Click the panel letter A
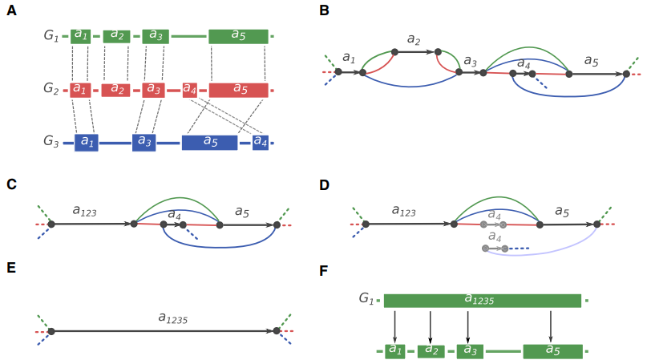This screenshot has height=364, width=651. coord(11,11)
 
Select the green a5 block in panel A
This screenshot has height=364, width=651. coord(238,36)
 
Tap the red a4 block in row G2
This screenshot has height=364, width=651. coord(189,89)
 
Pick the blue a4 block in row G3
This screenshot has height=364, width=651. coord(261,143)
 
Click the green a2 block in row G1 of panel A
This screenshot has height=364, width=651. coord(116,36)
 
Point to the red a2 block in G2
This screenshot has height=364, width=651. coord(115,89)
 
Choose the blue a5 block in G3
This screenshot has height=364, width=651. coord(209,143)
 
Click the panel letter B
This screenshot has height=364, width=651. coord(324,11)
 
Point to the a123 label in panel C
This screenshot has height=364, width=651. coord(84,211)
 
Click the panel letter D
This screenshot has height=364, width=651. coord(324,184)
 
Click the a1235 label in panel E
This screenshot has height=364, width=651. coord(172,317)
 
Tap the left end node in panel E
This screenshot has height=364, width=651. coord(51,330)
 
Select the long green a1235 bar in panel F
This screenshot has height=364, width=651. coord(482,301)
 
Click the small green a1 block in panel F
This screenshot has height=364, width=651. coord(394,350)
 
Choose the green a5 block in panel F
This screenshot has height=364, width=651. coord(552,350)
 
